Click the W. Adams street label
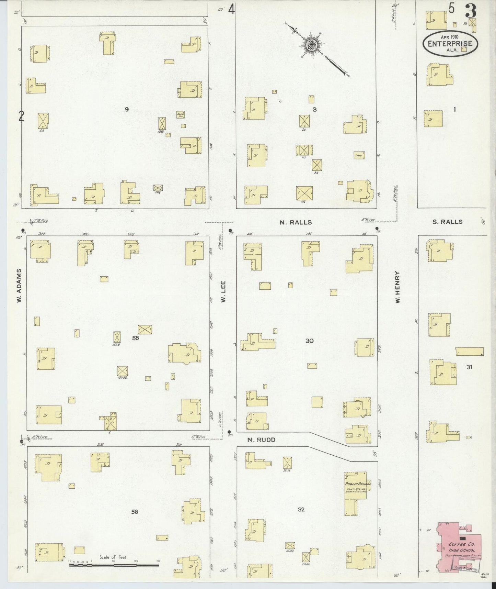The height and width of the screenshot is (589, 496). click(x=19, y=286)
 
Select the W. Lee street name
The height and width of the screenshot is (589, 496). click(x=223, y=295)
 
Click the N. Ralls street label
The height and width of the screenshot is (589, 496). click(x=296, y=222)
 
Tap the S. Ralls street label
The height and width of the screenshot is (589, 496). click(x=447, y=222)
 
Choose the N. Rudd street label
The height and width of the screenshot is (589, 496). click(x=261, y=440)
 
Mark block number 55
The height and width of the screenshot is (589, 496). click(x=136, y=338)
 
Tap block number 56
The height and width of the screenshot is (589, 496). click(x=135, y=512)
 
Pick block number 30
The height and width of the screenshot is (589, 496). click(x=309, y=341)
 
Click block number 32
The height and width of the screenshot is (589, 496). click(x=301, y=509)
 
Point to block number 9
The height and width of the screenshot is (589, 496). click(x=127, y=109)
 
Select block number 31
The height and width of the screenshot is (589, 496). click(x=469, y=367)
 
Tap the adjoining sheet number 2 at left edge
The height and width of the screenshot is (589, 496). click(x=21, y=117)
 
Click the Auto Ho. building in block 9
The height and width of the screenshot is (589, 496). click(x=181, y=114)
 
